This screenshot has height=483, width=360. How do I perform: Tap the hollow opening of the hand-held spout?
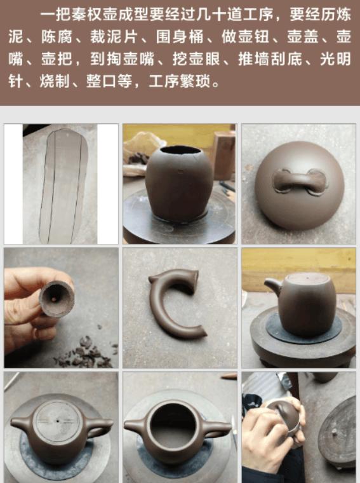[x=56, y=296]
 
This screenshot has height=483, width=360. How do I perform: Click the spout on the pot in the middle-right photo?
[x=272, y=286]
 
